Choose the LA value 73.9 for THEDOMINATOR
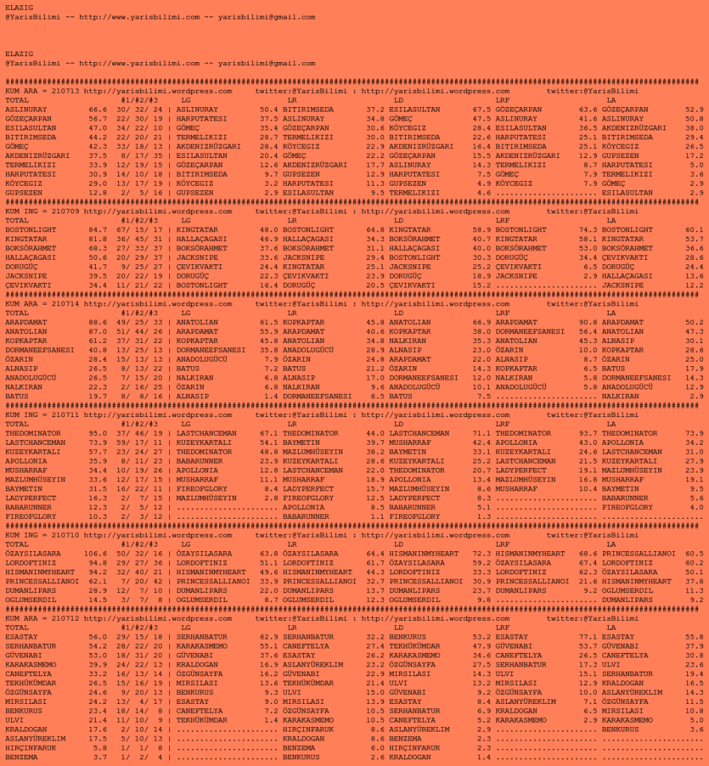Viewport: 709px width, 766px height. coord(695,433)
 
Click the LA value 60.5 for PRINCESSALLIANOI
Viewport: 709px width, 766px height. coord(695,553)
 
